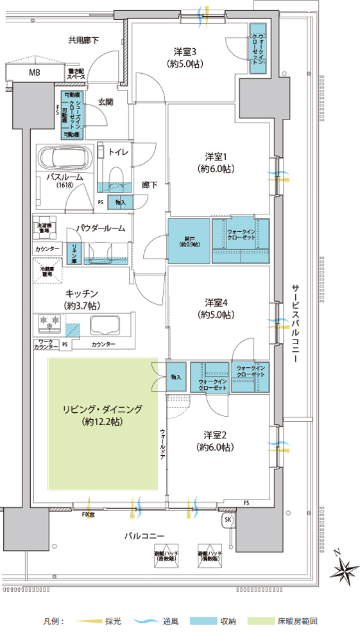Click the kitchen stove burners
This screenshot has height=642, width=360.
(x=50, y=320)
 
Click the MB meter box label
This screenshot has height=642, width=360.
(x=34, y=73)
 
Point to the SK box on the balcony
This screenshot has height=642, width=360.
(x=227, y=519)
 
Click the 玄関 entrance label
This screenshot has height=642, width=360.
(x=105, y=101)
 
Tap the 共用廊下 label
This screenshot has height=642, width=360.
(x=83, y=40)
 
